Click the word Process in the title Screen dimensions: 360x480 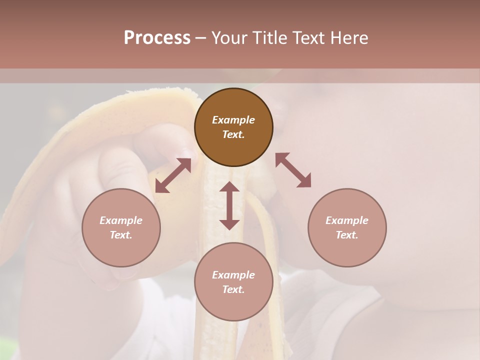click(x=157, y=38)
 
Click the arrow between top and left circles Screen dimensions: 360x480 click(x=173, y=175)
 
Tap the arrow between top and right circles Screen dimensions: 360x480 click(x=293, y=170)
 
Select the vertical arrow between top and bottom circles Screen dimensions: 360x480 click(x=229, y=205)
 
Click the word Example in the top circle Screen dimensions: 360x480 click(x=233, y=120)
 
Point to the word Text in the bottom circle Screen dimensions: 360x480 click(x=233, y=289)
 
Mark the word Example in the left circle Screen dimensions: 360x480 click(x=121, y=220)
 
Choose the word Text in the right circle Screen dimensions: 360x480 click(x=347, y=235)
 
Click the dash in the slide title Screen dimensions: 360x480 click(x=200, y=38)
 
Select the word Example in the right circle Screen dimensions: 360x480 click(x=347, y=220)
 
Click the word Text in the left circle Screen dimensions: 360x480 click(x=121, y=235)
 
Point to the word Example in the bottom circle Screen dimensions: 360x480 click(x=233, y=275)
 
